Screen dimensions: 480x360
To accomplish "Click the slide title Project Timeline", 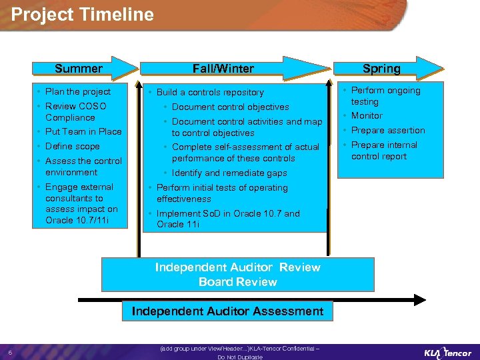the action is point(83,15).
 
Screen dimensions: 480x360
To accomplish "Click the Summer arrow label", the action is point(79,69).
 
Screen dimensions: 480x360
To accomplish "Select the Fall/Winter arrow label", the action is point(223,69).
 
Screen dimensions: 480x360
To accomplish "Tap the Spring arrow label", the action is point(381,69).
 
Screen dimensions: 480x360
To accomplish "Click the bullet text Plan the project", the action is point(78,91).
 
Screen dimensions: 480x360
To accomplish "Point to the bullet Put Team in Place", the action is point(83,131).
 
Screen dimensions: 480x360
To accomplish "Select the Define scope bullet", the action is point(73,146).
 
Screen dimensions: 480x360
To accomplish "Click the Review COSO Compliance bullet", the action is point(75,111).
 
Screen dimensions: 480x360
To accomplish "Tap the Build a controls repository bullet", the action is point(210,92).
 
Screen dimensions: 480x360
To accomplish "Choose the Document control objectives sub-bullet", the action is point(230,107).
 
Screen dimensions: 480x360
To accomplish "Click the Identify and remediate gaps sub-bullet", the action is point(229,173).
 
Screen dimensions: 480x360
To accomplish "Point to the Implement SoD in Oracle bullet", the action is point(228,219).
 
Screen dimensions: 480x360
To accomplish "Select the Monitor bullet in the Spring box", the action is point(367,115).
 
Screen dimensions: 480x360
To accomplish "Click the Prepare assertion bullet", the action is point(388,130).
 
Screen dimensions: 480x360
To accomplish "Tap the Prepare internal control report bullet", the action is point(384,151).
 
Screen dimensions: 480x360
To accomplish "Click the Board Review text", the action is point(237,282).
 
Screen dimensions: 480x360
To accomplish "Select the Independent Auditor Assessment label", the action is point(227,311).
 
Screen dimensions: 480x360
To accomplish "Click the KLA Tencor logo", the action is point(447,352).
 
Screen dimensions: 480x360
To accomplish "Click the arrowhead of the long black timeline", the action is point(420,300).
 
